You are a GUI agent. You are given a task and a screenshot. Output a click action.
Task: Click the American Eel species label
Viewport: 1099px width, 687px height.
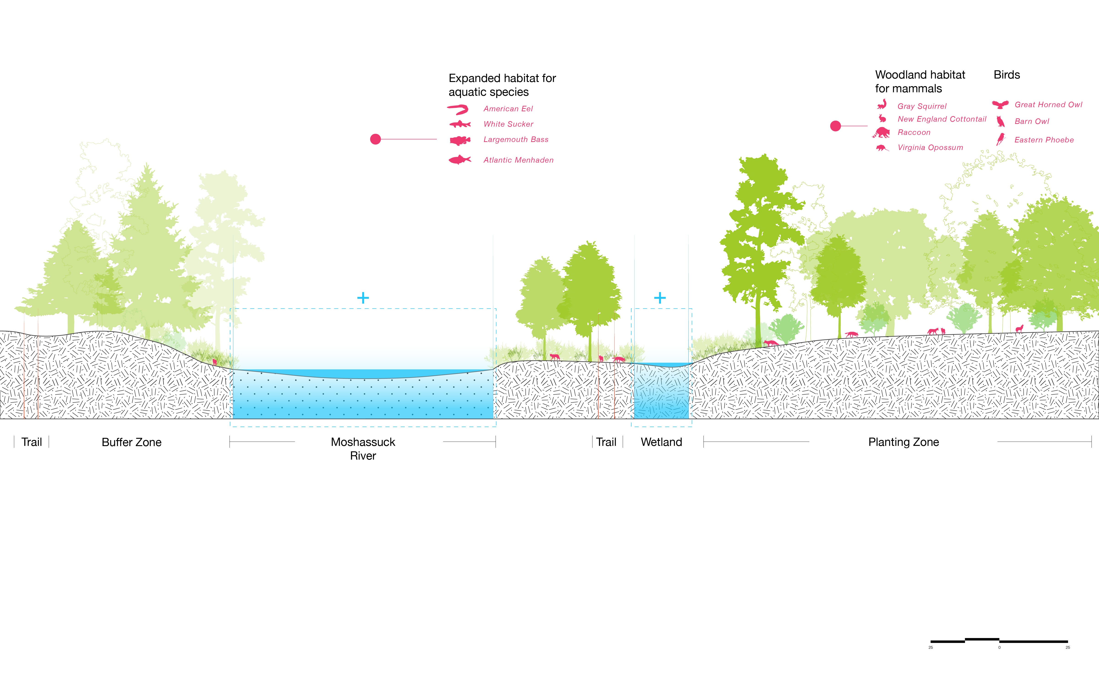pos(508,109)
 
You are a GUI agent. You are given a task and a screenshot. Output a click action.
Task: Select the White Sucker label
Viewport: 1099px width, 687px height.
pos(508,124)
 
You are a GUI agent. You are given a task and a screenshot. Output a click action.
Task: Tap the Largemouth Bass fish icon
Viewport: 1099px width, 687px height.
pos(460,140)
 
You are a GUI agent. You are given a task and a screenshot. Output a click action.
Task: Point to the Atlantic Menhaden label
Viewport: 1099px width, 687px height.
pos(518,160)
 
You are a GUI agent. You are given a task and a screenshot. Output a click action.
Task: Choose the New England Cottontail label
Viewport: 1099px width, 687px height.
pos(942,119)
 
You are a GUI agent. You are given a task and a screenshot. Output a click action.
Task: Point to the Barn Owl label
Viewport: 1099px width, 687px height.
pos(1032,121)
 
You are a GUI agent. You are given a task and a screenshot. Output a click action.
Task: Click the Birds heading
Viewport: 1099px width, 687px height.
pos(1007,75)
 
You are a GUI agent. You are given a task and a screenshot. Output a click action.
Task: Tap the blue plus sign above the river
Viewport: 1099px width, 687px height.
pos(363,298)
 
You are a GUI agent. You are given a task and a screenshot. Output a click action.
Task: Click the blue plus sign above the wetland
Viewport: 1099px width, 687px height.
pos(660,298)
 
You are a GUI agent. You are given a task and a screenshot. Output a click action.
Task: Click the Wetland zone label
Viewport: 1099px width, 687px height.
pos(661,442)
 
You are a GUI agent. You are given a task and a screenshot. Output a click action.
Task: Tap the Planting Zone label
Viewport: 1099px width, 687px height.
pos(903,442)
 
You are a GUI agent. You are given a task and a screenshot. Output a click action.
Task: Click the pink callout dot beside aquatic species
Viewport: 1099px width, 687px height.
pos(375,139)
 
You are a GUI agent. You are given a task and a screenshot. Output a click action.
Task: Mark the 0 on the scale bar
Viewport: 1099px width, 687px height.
pos(999,647)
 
